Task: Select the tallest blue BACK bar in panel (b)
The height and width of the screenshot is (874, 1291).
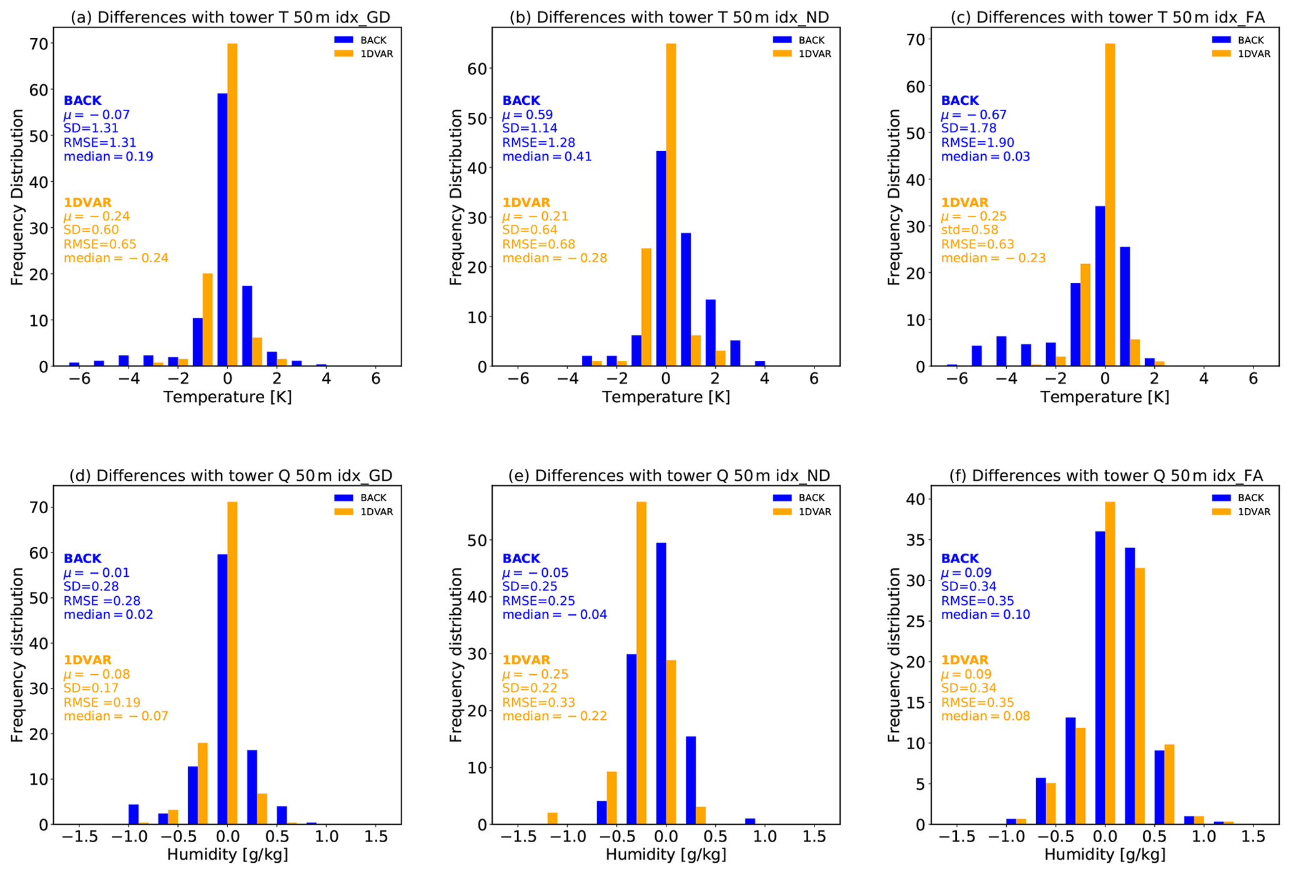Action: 661,258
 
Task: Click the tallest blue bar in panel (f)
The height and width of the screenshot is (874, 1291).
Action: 1100,678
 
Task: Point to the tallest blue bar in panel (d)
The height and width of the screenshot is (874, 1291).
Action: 222,689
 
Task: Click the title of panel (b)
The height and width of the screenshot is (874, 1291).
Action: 669,17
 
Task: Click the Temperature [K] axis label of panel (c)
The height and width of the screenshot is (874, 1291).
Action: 1104,397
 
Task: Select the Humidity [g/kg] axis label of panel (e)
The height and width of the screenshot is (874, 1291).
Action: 666,854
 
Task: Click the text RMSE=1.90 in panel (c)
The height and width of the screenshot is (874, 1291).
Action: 977,142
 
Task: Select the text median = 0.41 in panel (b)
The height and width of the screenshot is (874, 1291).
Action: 547,156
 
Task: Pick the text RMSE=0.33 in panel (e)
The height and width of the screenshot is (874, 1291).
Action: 539,702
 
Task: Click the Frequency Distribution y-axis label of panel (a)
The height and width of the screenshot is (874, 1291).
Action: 17,197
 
